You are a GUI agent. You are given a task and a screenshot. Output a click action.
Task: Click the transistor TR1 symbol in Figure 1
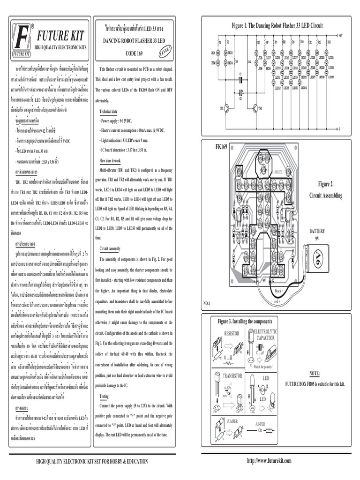point(226,109)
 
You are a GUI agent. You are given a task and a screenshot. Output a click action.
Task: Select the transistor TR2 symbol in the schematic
point(254,109)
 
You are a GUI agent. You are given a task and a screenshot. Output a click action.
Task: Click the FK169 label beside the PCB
point(221,147)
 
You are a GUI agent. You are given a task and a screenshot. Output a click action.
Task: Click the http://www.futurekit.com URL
point(269,461)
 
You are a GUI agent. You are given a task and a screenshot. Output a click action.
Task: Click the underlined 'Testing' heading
point(104,396)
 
